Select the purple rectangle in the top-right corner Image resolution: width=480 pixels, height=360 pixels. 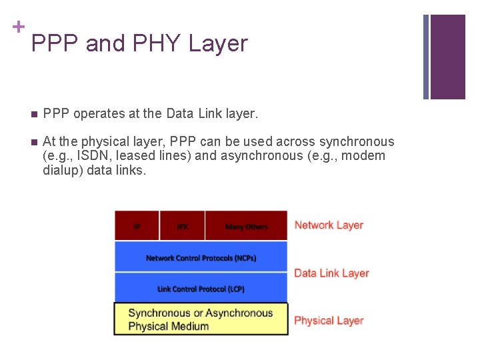(x=447, y=57)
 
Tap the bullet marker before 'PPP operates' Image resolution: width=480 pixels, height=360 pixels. (x=34, y=114)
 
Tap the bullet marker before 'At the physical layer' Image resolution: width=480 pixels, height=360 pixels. (x=34, y=142)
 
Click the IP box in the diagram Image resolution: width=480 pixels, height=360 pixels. (x=137, y=226)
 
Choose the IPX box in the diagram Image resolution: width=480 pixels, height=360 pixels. (x=182, y=226)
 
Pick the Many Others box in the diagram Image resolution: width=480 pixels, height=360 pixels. (x=246, y=226)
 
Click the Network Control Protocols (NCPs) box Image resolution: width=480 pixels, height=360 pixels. (x=201, y=257)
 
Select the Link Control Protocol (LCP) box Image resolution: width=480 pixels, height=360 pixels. (x=201, y=288)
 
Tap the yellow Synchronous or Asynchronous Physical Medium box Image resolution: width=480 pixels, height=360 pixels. (x=201, y=319)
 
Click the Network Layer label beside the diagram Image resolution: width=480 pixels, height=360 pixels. (x=329, y=225)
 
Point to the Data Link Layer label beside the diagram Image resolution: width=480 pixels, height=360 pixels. (x=331, y=273)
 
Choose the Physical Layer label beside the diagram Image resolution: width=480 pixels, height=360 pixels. (x=329, y=321)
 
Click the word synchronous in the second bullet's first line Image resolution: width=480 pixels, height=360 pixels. (x=357, y=142)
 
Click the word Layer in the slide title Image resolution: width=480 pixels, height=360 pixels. (x=218, y=44)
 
